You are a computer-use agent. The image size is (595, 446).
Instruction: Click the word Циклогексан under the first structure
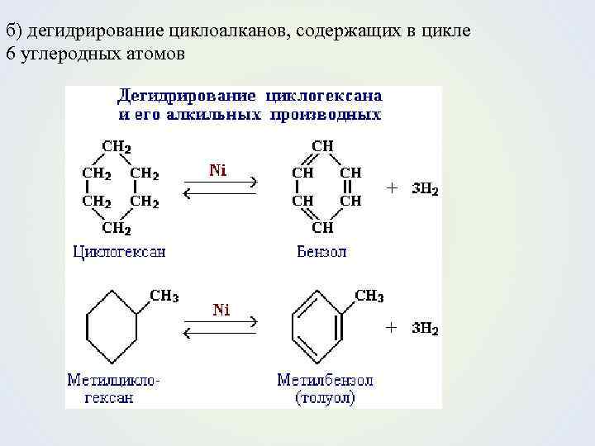click(x=119, y=251)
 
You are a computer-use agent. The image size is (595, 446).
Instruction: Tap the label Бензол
click(x=321, y=251)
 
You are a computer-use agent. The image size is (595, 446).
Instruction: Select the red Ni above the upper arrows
click(x=217, y=171)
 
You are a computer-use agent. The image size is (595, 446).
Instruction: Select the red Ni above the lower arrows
click(x=221, y=311)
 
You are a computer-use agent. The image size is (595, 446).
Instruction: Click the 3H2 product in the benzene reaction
click(x=425, y=189)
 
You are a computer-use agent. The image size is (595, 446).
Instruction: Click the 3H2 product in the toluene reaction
click(x=425, y=328)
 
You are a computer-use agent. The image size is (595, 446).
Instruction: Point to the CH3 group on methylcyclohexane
click(x=164, y=296)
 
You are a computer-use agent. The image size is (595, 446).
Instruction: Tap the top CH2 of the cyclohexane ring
click(x=116, y=146)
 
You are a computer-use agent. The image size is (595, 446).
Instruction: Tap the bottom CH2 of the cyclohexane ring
click(x=116, y=227)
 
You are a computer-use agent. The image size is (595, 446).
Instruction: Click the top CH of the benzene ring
click(x=322, y=146)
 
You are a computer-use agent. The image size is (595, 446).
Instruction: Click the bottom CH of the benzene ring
click(x=322, y=227)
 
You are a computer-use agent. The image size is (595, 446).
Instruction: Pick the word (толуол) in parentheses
click(x=325, y=398)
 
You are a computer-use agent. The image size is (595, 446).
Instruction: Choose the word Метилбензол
click(x=325, y=381)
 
